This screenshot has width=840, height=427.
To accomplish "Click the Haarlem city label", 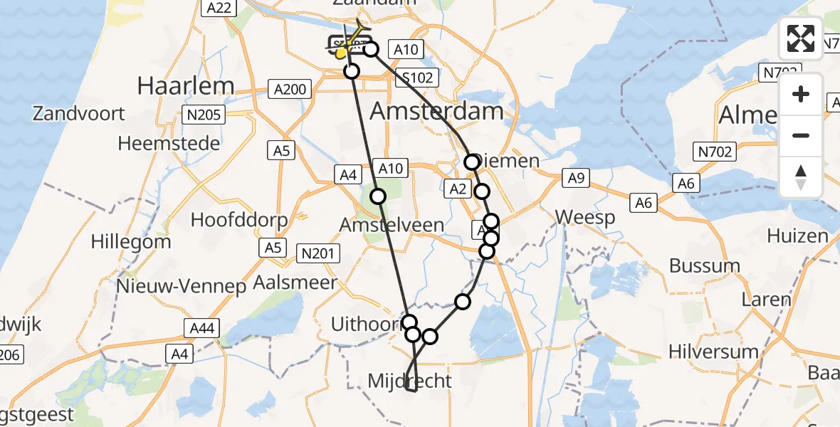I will pos(185,86).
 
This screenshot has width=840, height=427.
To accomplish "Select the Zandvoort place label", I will pos(78,113).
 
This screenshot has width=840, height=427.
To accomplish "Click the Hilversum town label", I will pos(714,351).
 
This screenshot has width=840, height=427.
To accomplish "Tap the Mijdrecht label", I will pos(409,381).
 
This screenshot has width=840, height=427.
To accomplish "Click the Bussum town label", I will pos(705,266).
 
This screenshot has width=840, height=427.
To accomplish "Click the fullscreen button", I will pos(801,38).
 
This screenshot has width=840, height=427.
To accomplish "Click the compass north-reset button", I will pos(801,176).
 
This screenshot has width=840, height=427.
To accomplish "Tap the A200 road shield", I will pos(290,89).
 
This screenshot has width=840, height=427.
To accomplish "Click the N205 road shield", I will pos(204,115).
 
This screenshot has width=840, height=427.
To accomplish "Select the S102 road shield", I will pos(417,78).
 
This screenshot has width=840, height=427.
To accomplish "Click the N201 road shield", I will pos(320,253).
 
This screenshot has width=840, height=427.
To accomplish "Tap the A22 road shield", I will pos(217,7).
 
